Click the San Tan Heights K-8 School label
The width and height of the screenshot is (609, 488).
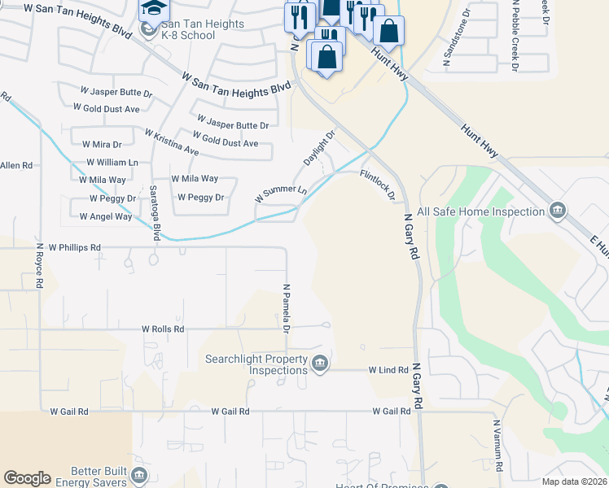204,30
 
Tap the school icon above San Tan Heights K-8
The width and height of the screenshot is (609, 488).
152,9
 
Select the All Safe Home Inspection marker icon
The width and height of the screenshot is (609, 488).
558,211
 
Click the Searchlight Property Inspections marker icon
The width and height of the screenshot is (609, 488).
320,363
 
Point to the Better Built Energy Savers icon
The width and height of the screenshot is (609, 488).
139,474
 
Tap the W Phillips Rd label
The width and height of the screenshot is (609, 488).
74,246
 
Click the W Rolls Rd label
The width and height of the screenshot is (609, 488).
163,329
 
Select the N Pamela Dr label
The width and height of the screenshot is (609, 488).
286,308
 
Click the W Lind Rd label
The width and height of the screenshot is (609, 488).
388,370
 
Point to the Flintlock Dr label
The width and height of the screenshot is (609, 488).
378,185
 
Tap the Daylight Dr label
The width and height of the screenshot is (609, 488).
319,149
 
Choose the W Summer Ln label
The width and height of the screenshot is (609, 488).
281,194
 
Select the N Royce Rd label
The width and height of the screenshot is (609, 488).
39,266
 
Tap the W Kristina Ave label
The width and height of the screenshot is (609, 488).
172,142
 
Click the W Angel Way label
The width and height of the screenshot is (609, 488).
106,216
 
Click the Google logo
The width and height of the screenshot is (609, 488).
27,478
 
